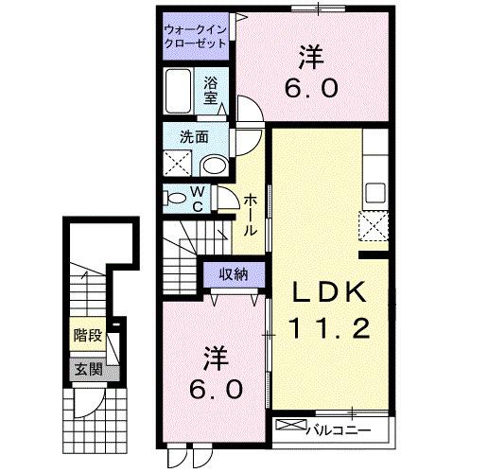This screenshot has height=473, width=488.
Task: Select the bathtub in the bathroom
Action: click(x=179, y=92)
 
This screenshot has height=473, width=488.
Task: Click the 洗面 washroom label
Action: click(x=195, y=136)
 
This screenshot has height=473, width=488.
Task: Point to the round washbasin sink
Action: click(x=215, y=166)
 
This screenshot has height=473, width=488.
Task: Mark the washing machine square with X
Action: click(x=176, y=163)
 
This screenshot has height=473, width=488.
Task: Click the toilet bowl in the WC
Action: click(x=176, y=199)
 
